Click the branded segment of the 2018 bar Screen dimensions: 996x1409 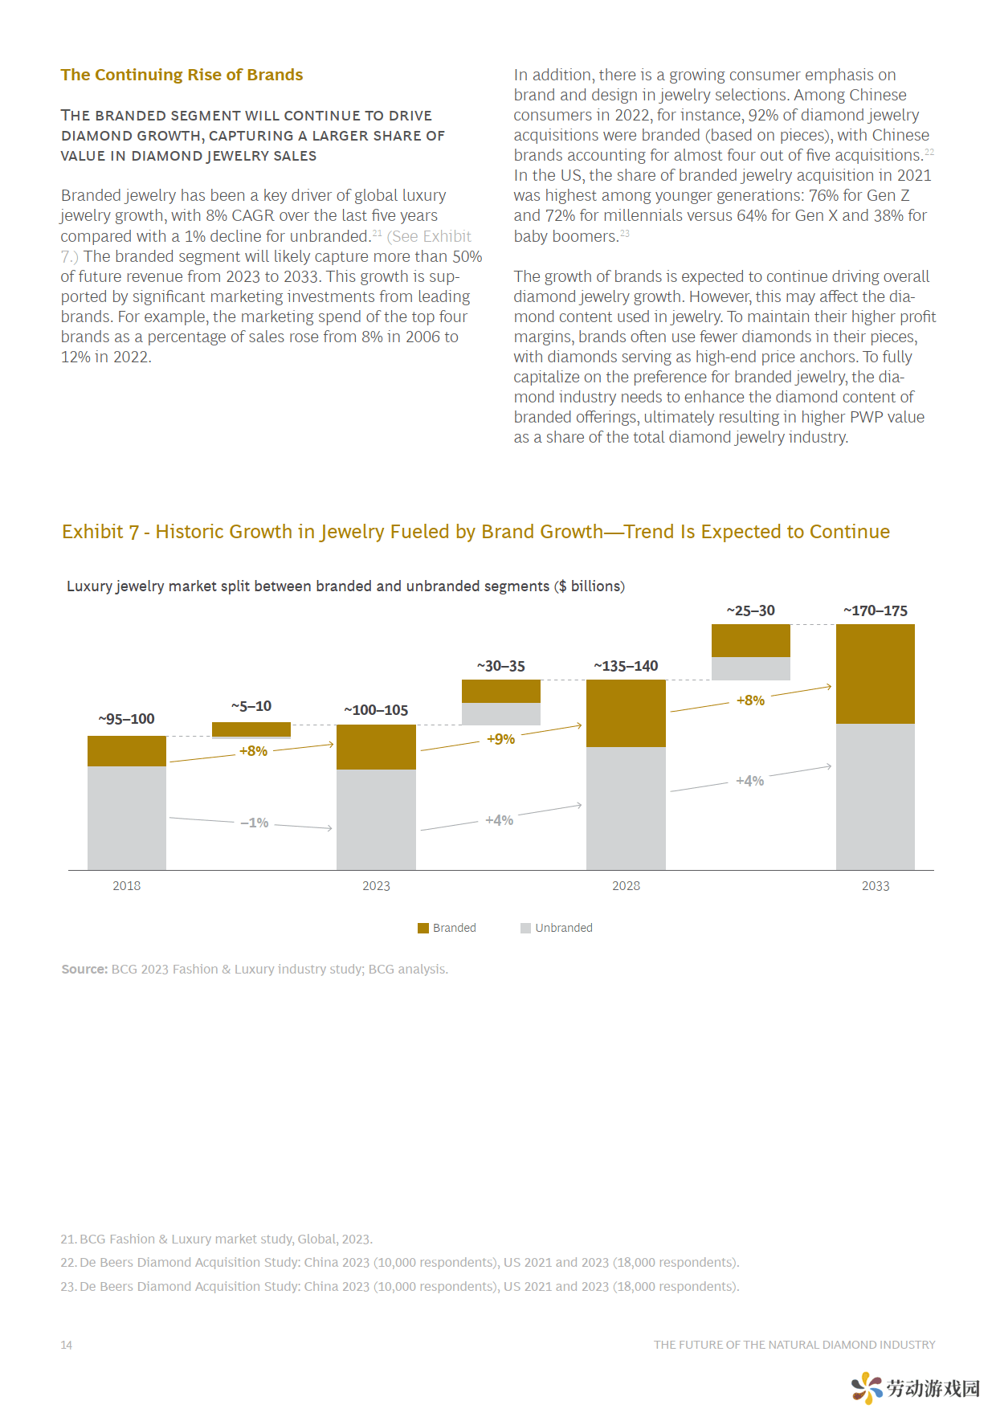click(127, 751)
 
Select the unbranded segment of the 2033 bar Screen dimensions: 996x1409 click(876, 797)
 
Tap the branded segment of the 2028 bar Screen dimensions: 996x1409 click(626, 713)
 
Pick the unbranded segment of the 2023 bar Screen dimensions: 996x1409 click(376, 819)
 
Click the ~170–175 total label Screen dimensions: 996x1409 click(876, 611)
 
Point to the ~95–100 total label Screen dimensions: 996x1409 click(126, 719)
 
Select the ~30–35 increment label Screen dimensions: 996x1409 click(500, 666)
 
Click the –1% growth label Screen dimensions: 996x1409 click(255, 823)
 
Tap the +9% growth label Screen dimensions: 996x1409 click(500, 739)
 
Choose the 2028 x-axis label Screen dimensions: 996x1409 click(626, 885)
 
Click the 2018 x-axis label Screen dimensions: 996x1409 click(126, 885)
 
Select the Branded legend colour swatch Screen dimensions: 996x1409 click(423, 928)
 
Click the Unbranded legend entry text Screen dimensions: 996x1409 click(564, 928)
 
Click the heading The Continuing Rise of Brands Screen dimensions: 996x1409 click(182, 75)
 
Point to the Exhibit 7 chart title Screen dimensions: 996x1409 click(476, 532)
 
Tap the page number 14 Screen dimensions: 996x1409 click(67, 1345)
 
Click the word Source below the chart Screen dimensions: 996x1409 click(84, 969)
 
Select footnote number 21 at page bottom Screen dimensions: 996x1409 click(68, 1239)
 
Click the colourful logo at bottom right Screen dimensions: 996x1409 click(867, 1387)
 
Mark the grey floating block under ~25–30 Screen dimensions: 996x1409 click(750, 668)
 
